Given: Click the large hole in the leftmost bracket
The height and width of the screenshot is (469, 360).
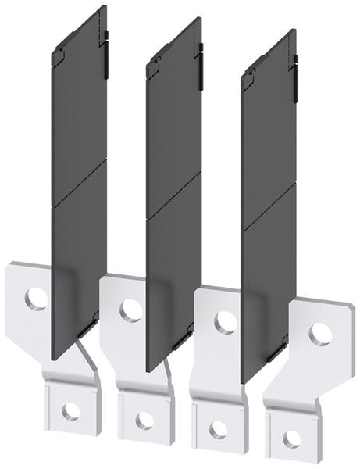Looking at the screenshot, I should point(36,297).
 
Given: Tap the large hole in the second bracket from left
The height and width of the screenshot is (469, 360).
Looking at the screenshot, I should point(130,310).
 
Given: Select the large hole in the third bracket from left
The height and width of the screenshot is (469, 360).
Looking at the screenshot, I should point(226,321).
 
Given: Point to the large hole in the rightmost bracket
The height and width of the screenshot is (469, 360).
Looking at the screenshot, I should point(319,334).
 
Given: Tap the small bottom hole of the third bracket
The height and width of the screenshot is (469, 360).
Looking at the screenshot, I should point(218,429).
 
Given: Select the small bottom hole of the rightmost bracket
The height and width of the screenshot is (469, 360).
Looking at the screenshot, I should point(291,439).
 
